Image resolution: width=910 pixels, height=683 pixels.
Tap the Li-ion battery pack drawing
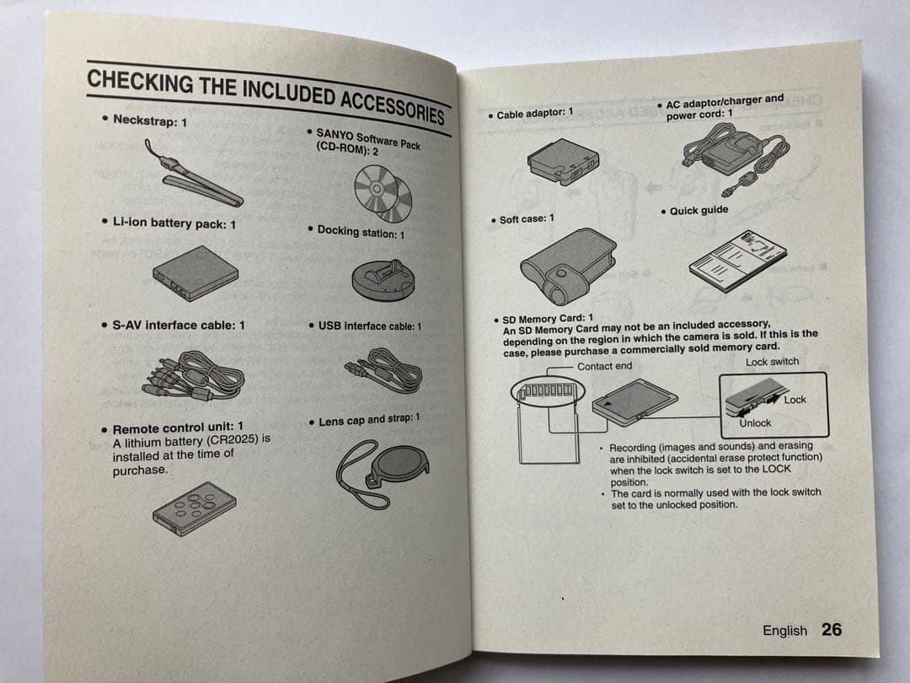tap(195, 273)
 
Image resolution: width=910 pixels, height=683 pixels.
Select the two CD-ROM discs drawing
tap(383, 193)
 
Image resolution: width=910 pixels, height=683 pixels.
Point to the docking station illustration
tap(383, 280)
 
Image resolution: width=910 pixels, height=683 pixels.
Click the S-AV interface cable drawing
tap(194, 376)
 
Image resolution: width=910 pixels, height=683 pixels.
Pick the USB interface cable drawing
tap(383, 370)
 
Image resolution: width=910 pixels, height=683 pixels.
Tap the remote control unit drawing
tap(195, 508)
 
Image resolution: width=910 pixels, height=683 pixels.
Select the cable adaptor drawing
tap(563, 161)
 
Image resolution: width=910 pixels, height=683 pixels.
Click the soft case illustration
tap(568, 265)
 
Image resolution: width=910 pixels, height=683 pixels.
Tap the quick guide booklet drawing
tap(737, 261)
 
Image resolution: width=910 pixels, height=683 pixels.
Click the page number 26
tap(832, 630)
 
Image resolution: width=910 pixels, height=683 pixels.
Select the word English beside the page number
tap(784, 631)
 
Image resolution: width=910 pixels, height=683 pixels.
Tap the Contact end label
tap(604, 366)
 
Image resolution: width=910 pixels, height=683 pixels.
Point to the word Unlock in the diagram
tap(754, 422)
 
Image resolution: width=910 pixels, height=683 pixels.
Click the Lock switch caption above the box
tap(772, 361)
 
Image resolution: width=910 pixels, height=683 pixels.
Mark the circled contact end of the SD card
tap(548, 390)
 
